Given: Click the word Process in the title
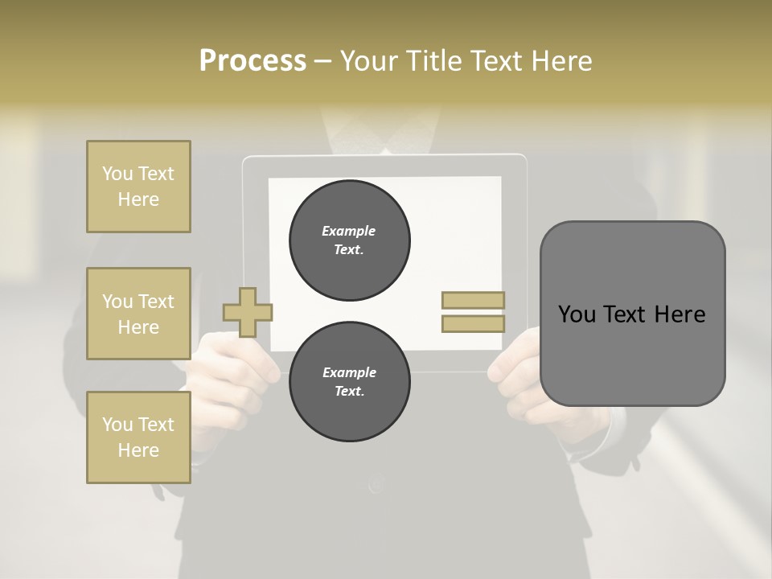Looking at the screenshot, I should point(253,61).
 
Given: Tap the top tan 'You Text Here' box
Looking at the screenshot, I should point(138,187).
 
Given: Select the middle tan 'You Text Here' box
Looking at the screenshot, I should point(138,314).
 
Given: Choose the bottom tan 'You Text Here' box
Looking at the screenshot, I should point(138,437).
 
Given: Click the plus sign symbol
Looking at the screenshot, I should point(248,312).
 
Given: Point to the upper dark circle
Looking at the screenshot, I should point(349,240).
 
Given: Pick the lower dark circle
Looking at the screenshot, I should point(349,382).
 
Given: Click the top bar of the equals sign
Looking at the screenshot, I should point(473,301).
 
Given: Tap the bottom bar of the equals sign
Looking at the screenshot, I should point(473,324).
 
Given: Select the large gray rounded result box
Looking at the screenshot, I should point(632,314).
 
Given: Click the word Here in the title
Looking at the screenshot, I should point(560,61).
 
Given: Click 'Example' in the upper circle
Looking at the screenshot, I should point(349,232).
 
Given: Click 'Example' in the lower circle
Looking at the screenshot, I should point(349,373).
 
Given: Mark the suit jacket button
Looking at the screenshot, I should point(376,484).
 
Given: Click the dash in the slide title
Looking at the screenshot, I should point(323,61).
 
